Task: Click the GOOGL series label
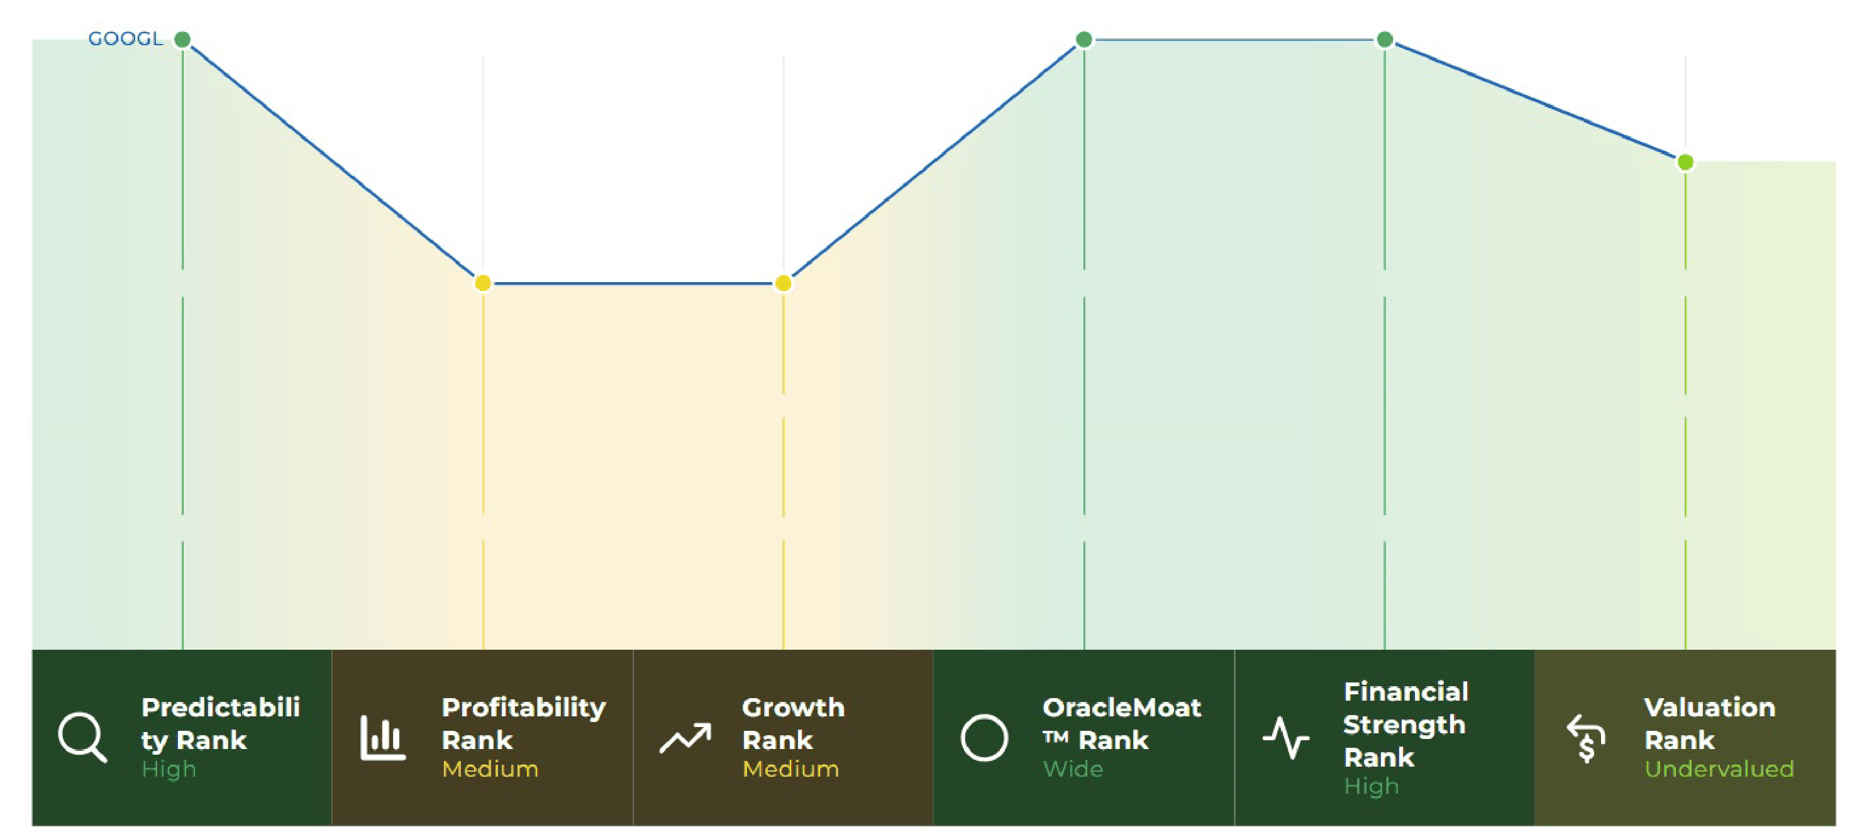125,38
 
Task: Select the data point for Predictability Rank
182,39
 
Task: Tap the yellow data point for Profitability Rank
483,283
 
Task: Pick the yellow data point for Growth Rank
784,283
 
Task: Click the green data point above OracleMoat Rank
1084,39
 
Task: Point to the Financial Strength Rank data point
1385,39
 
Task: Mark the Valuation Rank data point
1685,162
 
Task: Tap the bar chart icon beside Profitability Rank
383,738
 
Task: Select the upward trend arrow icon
685,738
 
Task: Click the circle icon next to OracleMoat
984,738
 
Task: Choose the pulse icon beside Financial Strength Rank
1286,738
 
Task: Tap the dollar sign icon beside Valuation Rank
1586,738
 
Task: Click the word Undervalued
1719,769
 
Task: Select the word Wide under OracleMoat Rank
1073,769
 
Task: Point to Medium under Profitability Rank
491,769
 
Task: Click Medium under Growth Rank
791,769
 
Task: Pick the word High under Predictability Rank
169,770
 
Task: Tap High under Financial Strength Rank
1371,787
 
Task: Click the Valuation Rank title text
1709,724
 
